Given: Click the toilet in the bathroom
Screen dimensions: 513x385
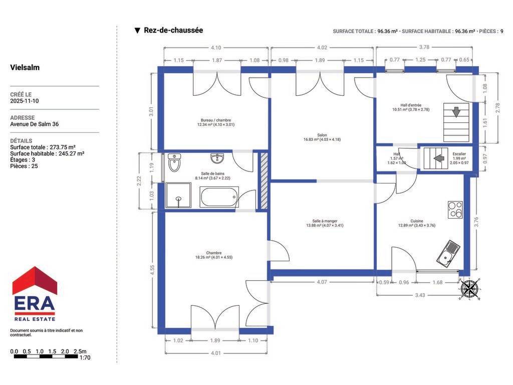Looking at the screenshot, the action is pos(174,162).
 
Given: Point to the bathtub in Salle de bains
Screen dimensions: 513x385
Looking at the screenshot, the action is pos(219,197).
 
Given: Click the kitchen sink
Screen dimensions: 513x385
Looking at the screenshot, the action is pos(448,253).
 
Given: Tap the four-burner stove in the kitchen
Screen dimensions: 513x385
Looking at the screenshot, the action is pos(455,210).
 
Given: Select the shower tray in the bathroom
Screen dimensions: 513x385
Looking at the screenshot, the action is pos(178,196).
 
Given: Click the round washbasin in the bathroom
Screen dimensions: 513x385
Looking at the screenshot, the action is pos(217,158).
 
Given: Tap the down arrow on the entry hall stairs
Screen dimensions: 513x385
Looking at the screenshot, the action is pos(456,112).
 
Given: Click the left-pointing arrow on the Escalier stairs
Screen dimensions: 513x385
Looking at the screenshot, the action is pos(439,158).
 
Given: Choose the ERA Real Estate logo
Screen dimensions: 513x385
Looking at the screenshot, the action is pos(35,294).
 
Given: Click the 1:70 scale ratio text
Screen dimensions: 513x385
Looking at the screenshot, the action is pos(85,358).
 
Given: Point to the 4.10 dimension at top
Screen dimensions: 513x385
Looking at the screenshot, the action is pos(215,48).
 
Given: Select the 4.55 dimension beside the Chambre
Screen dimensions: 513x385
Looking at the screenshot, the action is pos(152,270).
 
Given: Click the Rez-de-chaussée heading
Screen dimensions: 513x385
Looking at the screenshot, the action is pos(173,30).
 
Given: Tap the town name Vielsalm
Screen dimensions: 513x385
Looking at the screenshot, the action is pos(25,68).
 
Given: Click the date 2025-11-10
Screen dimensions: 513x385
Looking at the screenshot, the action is pos(24,101).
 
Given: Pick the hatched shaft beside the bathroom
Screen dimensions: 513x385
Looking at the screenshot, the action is pos(264,180).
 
